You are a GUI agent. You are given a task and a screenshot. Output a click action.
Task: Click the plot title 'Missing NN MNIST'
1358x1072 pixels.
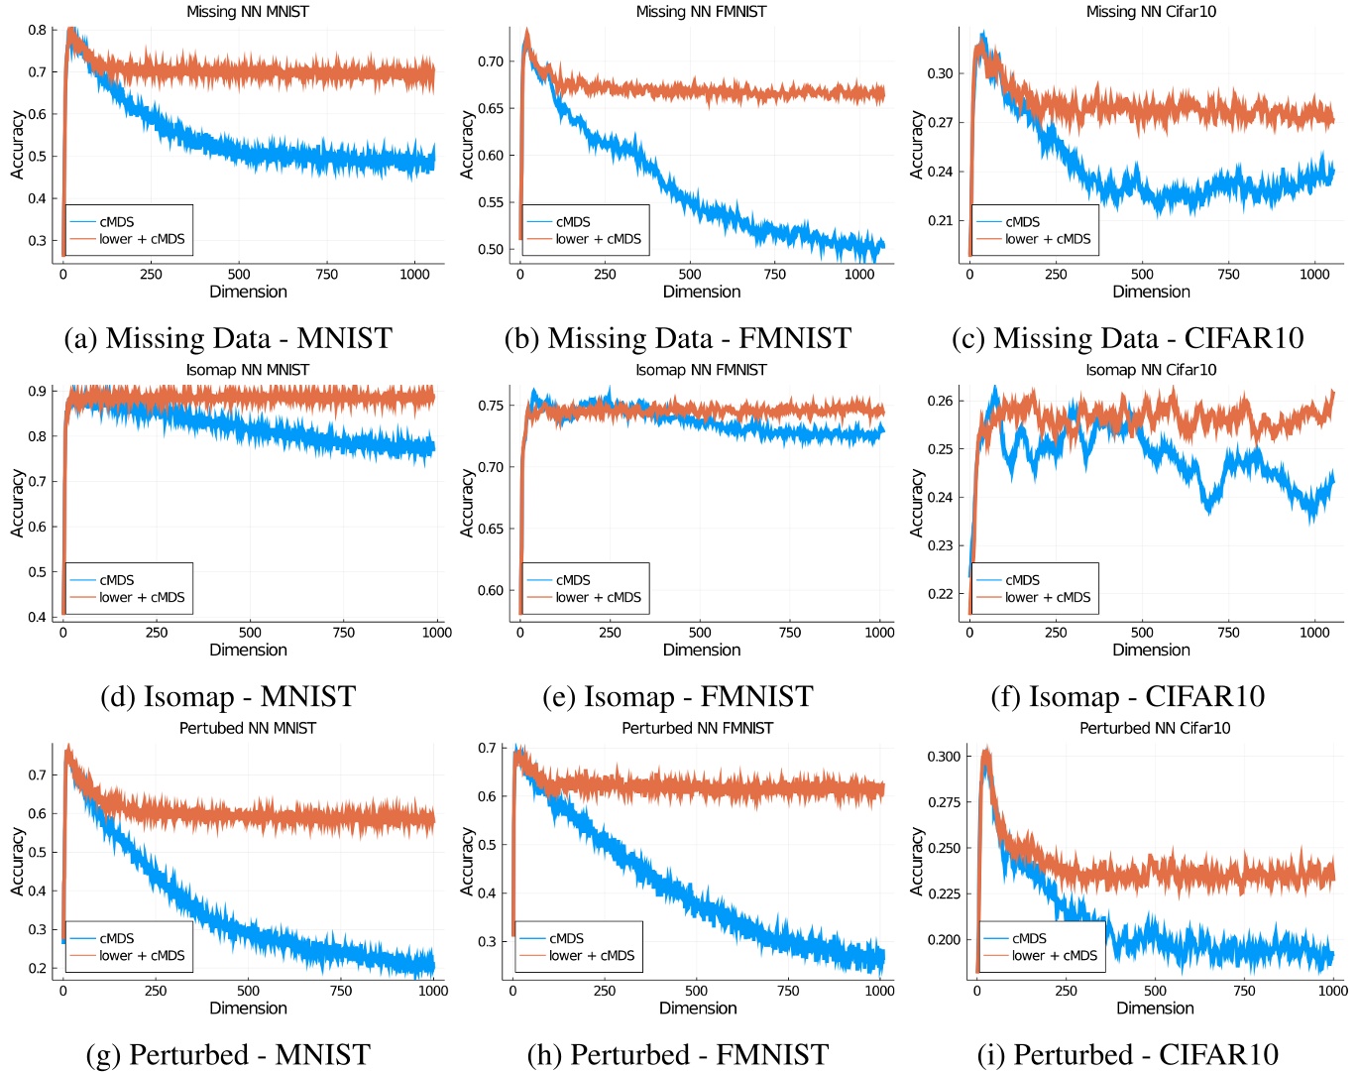248,12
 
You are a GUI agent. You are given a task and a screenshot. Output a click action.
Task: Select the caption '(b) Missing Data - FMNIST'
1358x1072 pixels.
677,339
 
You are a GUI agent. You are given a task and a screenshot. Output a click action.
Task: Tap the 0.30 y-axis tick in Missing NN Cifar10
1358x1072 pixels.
940,73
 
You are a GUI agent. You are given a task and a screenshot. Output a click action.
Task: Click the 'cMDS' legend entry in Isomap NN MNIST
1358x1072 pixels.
116,580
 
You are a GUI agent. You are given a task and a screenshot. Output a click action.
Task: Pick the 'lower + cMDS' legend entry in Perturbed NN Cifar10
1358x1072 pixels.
1054,956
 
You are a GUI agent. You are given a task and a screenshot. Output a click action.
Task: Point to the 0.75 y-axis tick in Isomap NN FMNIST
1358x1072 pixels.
490,406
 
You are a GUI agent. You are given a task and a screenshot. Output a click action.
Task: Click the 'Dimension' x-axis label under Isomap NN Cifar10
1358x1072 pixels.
1151,651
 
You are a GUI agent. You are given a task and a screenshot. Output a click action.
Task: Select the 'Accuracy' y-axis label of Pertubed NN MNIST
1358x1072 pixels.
17,862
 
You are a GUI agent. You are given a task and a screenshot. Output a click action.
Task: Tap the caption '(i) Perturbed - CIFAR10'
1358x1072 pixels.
1128,1055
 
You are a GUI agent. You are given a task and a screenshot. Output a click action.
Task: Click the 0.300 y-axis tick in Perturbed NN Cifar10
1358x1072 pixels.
944,757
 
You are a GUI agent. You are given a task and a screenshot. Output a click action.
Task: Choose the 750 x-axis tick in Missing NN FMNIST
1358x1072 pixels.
775,275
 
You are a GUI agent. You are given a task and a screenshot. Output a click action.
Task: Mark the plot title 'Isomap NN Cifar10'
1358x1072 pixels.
1151,370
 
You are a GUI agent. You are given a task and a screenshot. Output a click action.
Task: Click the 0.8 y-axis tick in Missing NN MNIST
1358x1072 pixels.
37,30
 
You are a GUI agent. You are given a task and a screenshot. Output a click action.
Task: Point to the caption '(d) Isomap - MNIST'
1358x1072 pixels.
228,697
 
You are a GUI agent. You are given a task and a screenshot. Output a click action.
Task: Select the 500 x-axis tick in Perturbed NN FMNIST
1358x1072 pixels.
697,991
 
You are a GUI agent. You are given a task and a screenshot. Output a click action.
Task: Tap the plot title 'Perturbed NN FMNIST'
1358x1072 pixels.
698,728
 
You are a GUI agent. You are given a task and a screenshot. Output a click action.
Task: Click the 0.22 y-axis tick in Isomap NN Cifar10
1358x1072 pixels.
940,594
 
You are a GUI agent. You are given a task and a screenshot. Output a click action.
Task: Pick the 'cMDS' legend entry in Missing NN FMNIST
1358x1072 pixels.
573,222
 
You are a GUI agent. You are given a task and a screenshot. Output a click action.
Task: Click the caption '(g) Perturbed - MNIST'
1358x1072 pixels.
228,1055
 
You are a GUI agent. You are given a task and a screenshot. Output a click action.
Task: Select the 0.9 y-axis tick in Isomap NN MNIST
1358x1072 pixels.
37,391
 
